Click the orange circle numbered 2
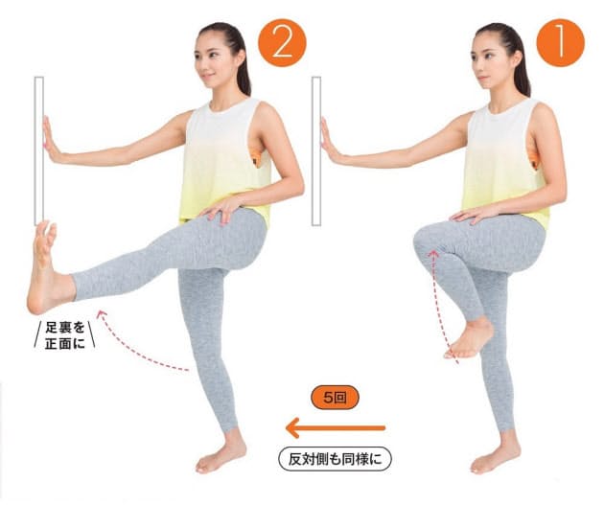point(283,42)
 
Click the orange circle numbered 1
point(560,42)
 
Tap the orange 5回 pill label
point(335,398)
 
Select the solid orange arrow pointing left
point(336,427)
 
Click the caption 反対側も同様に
point(335,459)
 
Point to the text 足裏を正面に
point(65,335)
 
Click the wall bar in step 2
point(39,150)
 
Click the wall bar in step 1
point(316,150)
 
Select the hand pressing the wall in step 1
point(330,141)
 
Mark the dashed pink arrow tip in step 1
point(433,253)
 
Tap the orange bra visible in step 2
point(257,157)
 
